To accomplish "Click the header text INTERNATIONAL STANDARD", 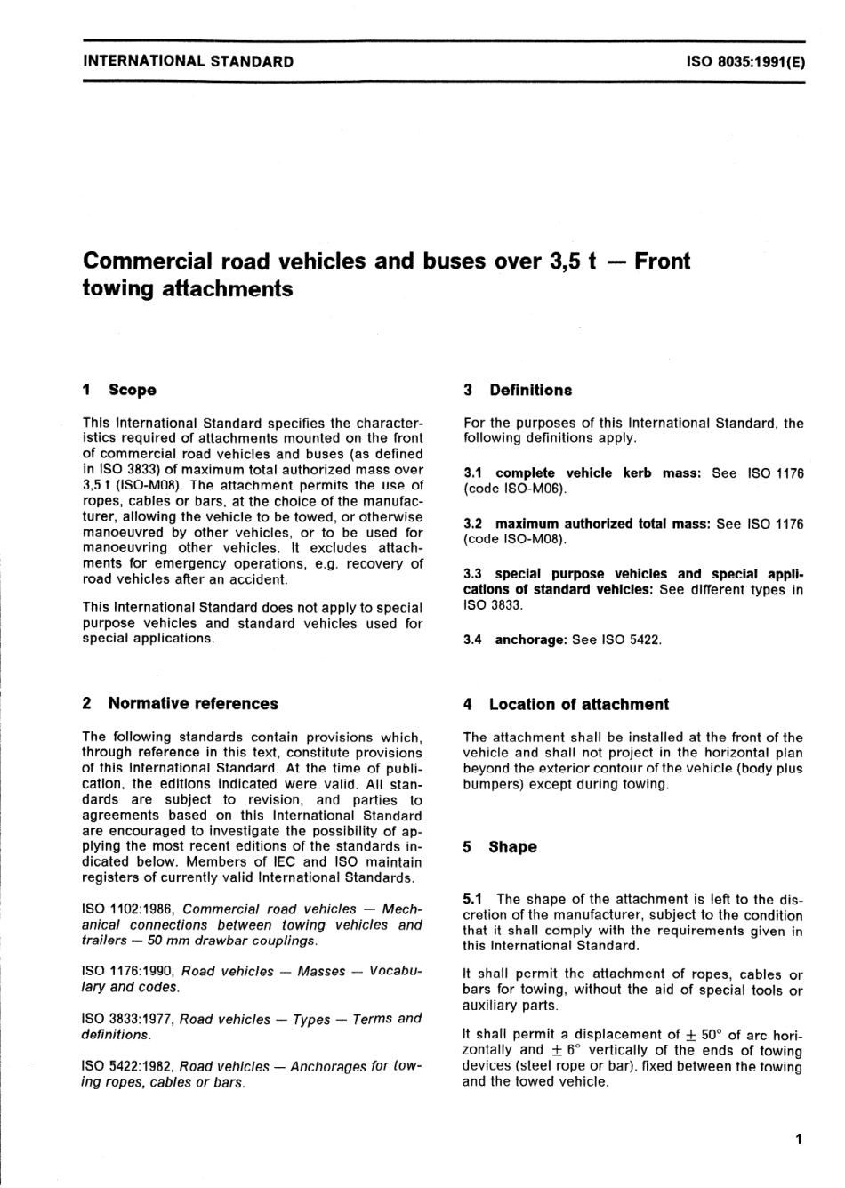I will pyautogui.click(x=188, y=61).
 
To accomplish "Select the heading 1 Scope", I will pyautogui.click(x=119, y=390).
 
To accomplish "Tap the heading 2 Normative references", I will pyautogui.click(x=180, y=703).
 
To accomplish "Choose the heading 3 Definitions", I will pyautogui.click(x=518, y=390).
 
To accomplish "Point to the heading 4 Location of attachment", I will pyautogui.click(x=566, y=704).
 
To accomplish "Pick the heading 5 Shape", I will pyautogui.click(x=500, y=846).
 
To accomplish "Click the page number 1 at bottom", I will pyautogui.click(x=799, y=1139).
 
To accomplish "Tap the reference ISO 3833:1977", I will pyautogui.click(x=128, y=1019).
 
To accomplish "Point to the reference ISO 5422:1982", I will pyautogui.click(x=128, y=1066).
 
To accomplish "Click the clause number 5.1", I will pyautogui.click(x=472, y=900).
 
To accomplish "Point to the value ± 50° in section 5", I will pyautogui.click(x=703, y=1035).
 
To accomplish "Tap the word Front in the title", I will pyautogui.click(x=662, y=261).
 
